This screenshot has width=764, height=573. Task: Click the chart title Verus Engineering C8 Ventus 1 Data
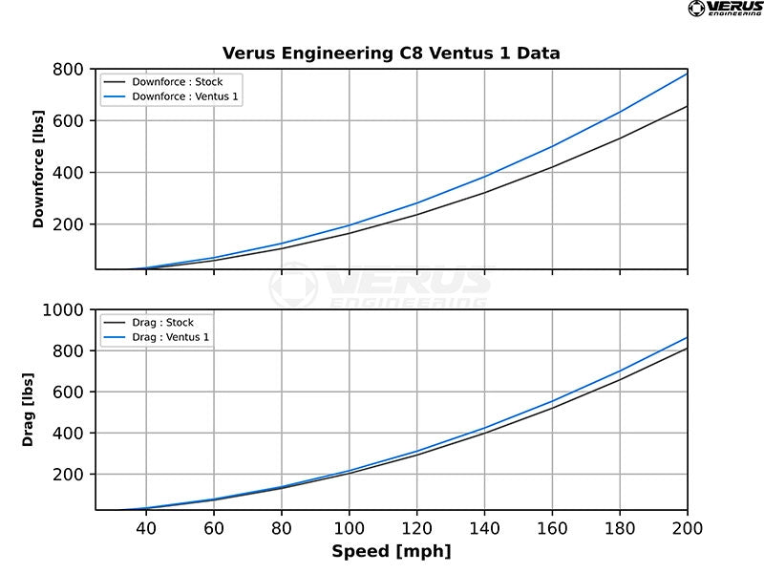pyautogui.click(x=392, y=53)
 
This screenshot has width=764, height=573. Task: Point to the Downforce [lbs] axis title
pyautogui.click(x=39, y=169)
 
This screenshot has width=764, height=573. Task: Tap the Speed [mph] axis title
pyautogui.click(x=392, y=552)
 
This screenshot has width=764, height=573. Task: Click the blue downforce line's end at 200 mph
pyautogui.click(x=687, y=74)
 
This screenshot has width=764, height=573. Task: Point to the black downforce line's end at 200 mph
pyautogui.click(x=687, y=106)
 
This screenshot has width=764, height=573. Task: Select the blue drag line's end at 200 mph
pyautogui.click(x=687, y=337)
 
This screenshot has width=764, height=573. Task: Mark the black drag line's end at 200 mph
pyautogui.click(x=687, y=349)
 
